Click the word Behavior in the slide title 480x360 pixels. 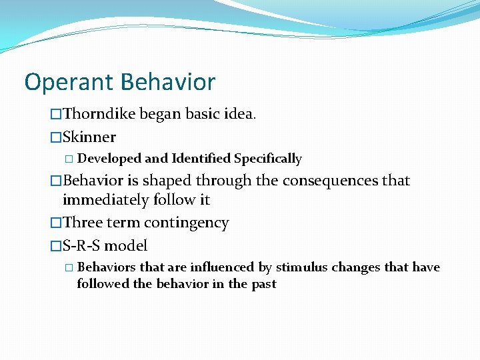[x=168, y=82]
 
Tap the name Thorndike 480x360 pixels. [x=100, y=115]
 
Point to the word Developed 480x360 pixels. [x=109, y=159]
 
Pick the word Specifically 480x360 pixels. [x=268, y=159]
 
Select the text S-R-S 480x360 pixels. [x=82, y=245]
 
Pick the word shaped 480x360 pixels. [x=161, y=181]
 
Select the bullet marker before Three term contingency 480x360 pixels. [x=56, y=223]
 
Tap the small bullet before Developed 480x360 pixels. [x=71, y=159]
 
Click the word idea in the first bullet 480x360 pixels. [x=240, y=115]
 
